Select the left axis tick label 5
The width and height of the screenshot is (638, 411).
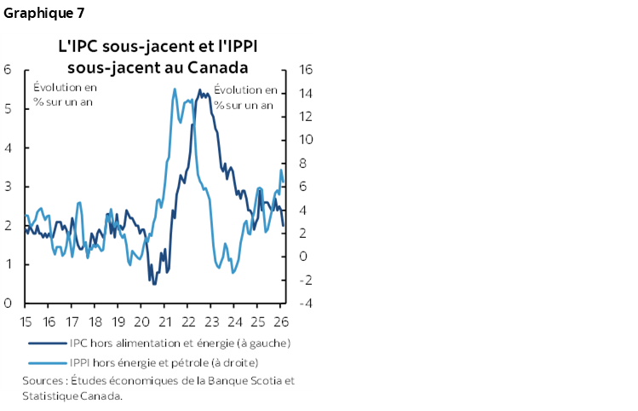[8, 108]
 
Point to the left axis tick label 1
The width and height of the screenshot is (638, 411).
[8, 264]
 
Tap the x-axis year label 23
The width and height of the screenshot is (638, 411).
[211, 321]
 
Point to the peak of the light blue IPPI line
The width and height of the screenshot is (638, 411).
[175, 89]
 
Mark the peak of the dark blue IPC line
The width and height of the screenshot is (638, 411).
[199, 90]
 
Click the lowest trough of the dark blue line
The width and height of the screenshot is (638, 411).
[153, 283]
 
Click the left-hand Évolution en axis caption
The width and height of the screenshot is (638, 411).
[65, 89]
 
